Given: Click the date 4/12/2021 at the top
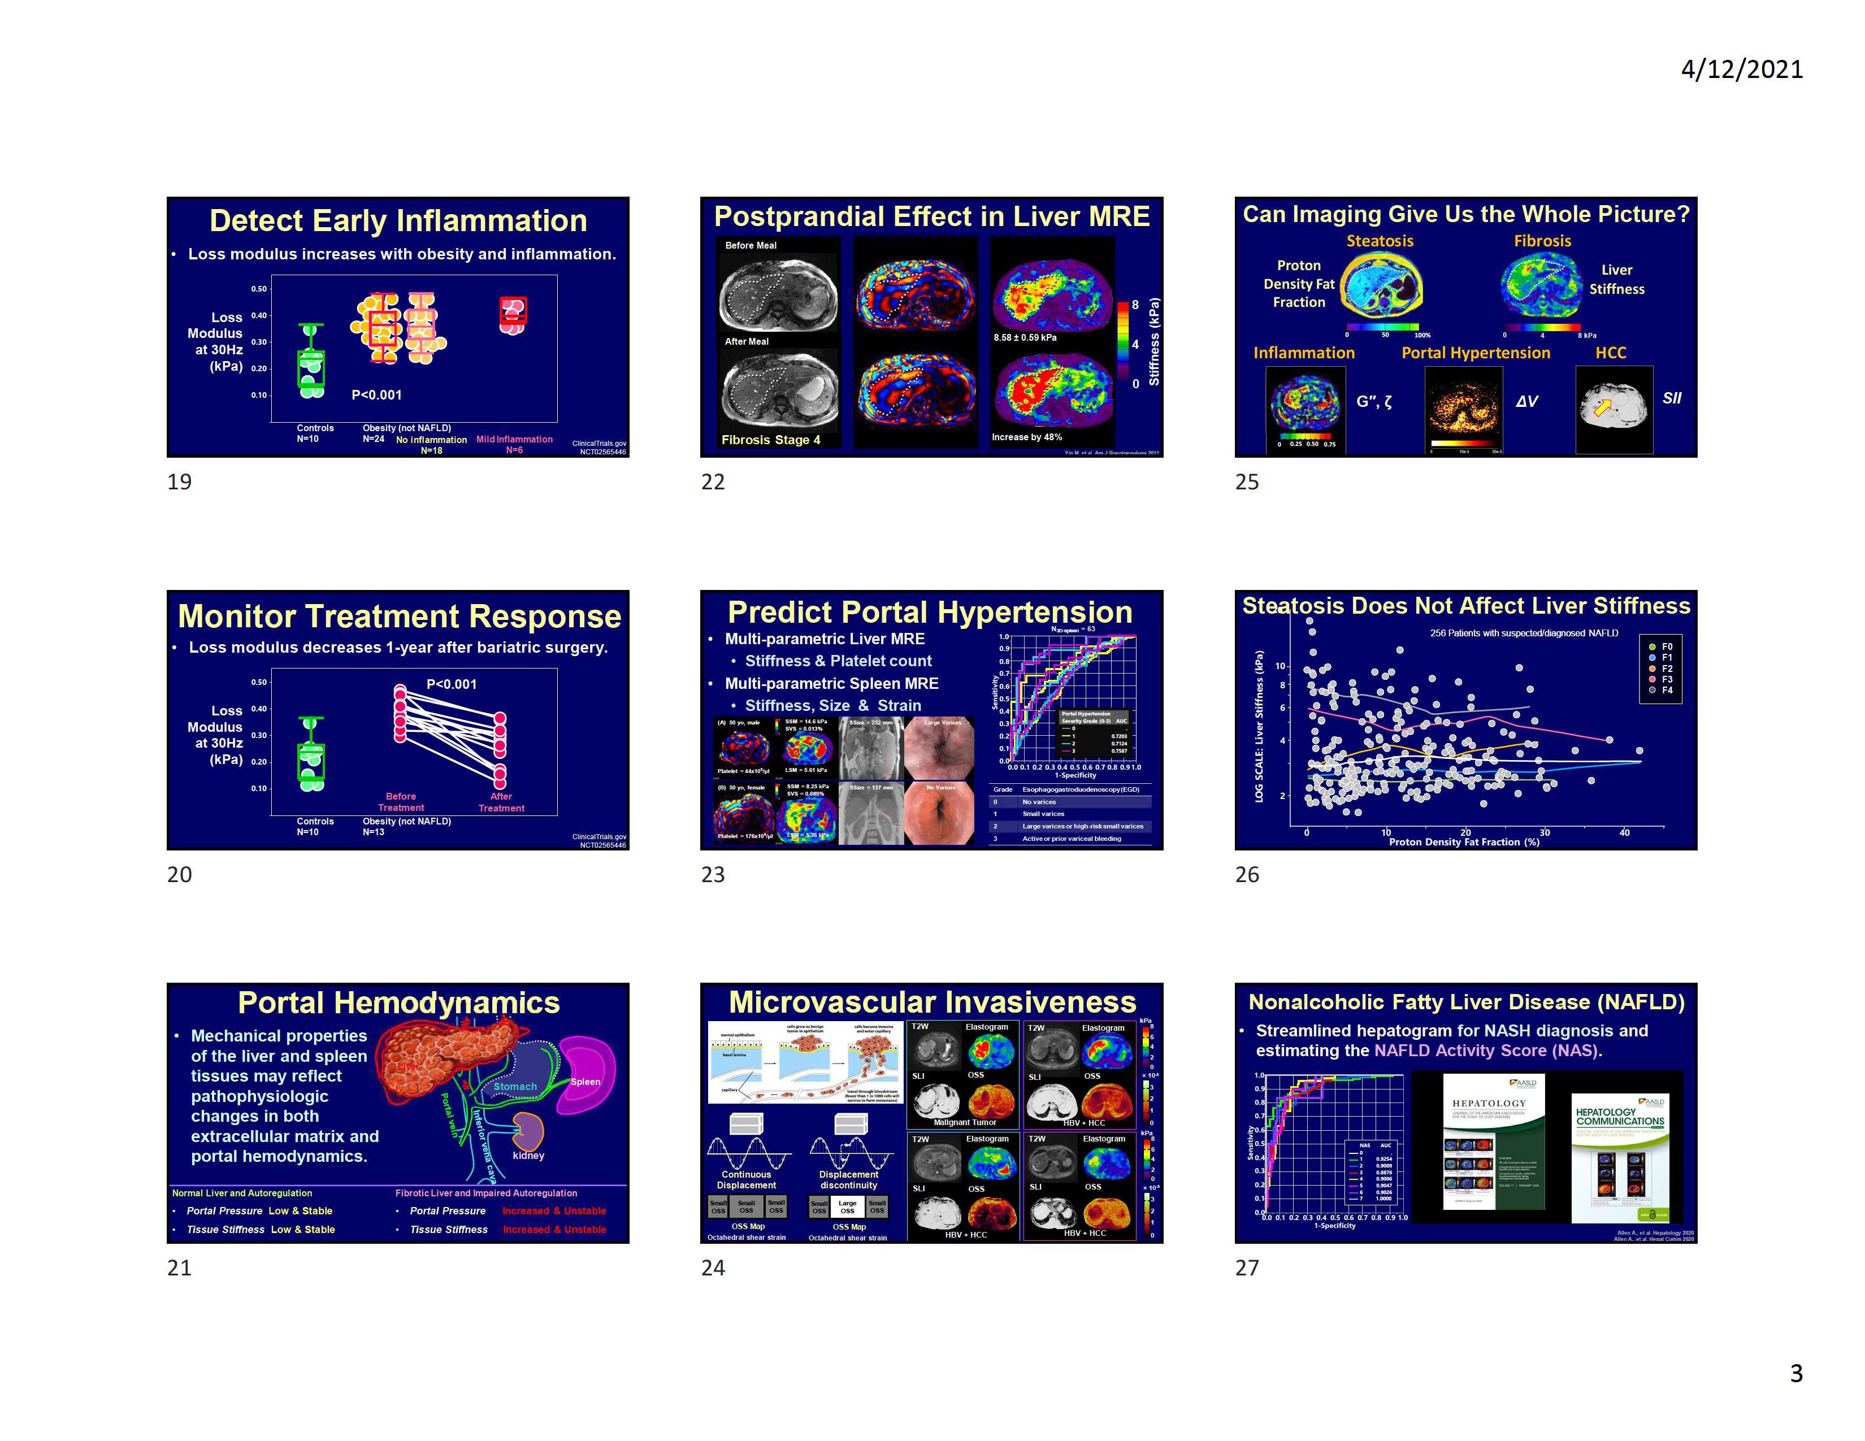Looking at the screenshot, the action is click(x=1741, y=69).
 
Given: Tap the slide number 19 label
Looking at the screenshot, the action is click(x=179, y=481).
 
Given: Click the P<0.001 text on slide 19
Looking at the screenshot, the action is click(x=376, y=394).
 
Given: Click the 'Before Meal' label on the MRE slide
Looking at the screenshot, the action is click(x=751, y=245).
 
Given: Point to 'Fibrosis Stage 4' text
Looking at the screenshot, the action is click(x=770, y=440).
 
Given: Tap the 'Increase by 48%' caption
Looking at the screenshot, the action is click(x=1026, y=437).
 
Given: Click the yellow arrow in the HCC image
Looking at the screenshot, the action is click(x=1603, y=407).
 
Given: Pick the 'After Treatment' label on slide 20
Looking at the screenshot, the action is click(x=501, y=802).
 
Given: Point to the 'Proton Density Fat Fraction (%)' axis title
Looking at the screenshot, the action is click(x=1464, y=842).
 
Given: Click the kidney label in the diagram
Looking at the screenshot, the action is click(x=528, y=1155).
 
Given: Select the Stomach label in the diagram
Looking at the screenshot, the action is click(x=515, y=1087).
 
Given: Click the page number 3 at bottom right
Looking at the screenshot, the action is click(x=1796, y=1373).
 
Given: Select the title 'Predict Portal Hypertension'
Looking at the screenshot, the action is click(x=930, y=612).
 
